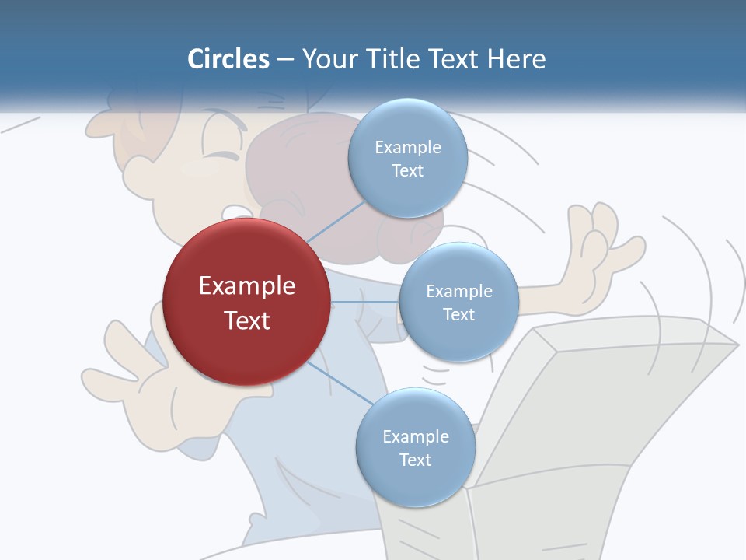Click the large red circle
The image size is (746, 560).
[247, 302]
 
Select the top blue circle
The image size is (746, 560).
[407, 158]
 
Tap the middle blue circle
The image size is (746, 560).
[458, 302]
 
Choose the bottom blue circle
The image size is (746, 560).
[415, 447]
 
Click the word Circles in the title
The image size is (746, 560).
[228, 58]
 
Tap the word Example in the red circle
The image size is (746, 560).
[247, 285]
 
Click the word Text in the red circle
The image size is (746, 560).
[247, 320]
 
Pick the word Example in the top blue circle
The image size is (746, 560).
[408, 147]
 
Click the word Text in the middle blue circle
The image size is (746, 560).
[458, 314]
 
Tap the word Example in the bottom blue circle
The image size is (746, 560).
[416, 436]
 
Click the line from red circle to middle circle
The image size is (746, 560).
[365, 302]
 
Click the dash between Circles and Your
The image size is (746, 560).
[284, 59]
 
